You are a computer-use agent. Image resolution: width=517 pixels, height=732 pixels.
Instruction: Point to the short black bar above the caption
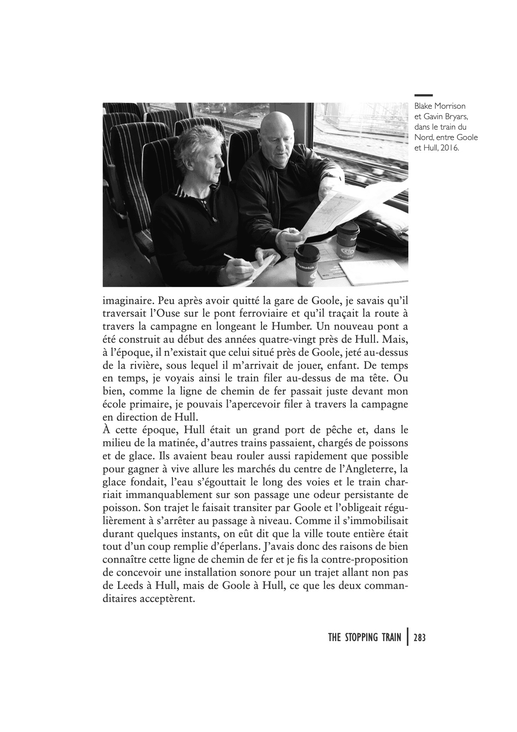point(423,95)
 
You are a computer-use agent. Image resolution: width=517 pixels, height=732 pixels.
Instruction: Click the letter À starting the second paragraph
point(107,430)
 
